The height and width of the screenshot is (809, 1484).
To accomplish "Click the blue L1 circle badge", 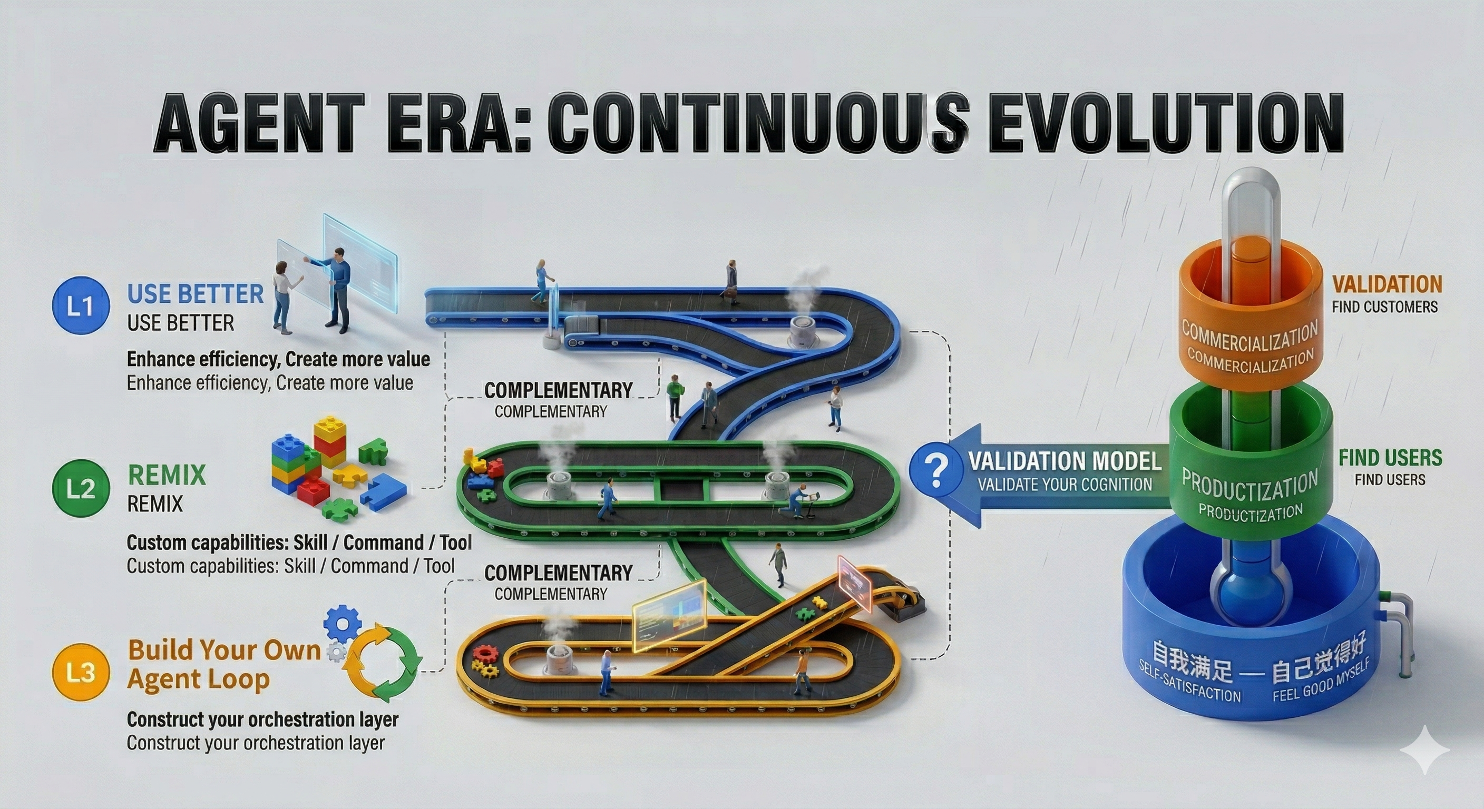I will tap(80, 307).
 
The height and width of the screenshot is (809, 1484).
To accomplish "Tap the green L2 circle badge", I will tap(80, 488).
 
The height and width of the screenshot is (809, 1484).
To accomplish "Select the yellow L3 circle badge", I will tap(80, 672).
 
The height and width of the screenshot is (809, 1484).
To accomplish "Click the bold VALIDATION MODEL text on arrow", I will tap(1065, 461).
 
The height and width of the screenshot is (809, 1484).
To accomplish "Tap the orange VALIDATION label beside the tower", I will tap(1387, 284).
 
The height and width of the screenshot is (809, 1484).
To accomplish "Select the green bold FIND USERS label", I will tap(1390, 458).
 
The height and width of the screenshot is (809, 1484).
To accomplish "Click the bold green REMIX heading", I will tap(167, 475).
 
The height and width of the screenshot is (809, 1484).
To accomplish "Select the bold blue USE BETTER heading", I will tap(194, 294).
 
